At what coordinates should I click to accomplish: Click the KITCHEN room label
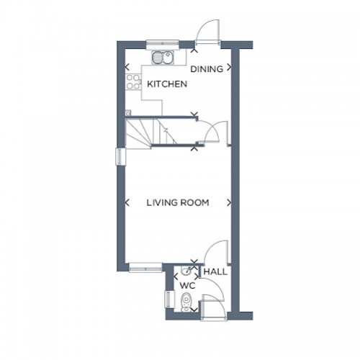[x=167, y=84]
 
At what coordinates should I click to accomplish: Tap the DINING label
[x=205, y=70]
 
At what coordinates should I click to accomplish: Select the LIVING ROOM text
[x=178, y=203]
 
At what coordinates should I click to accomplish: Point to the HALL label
[x=215, y=272]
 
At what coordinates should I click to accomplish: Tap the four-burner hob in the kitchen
[x=133, y=81]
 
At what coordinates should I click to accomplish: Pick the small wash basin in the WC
[x=187, y=271]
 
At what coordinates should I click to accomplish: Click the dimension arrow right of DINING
[x=229, y=70]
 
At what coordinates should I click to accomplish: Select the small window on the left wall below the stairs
[x=120, y=157]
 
